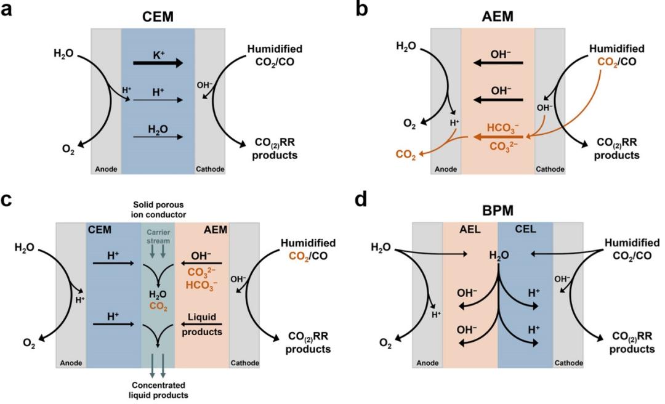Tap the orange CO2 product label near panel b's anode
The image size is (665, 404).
406,157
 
